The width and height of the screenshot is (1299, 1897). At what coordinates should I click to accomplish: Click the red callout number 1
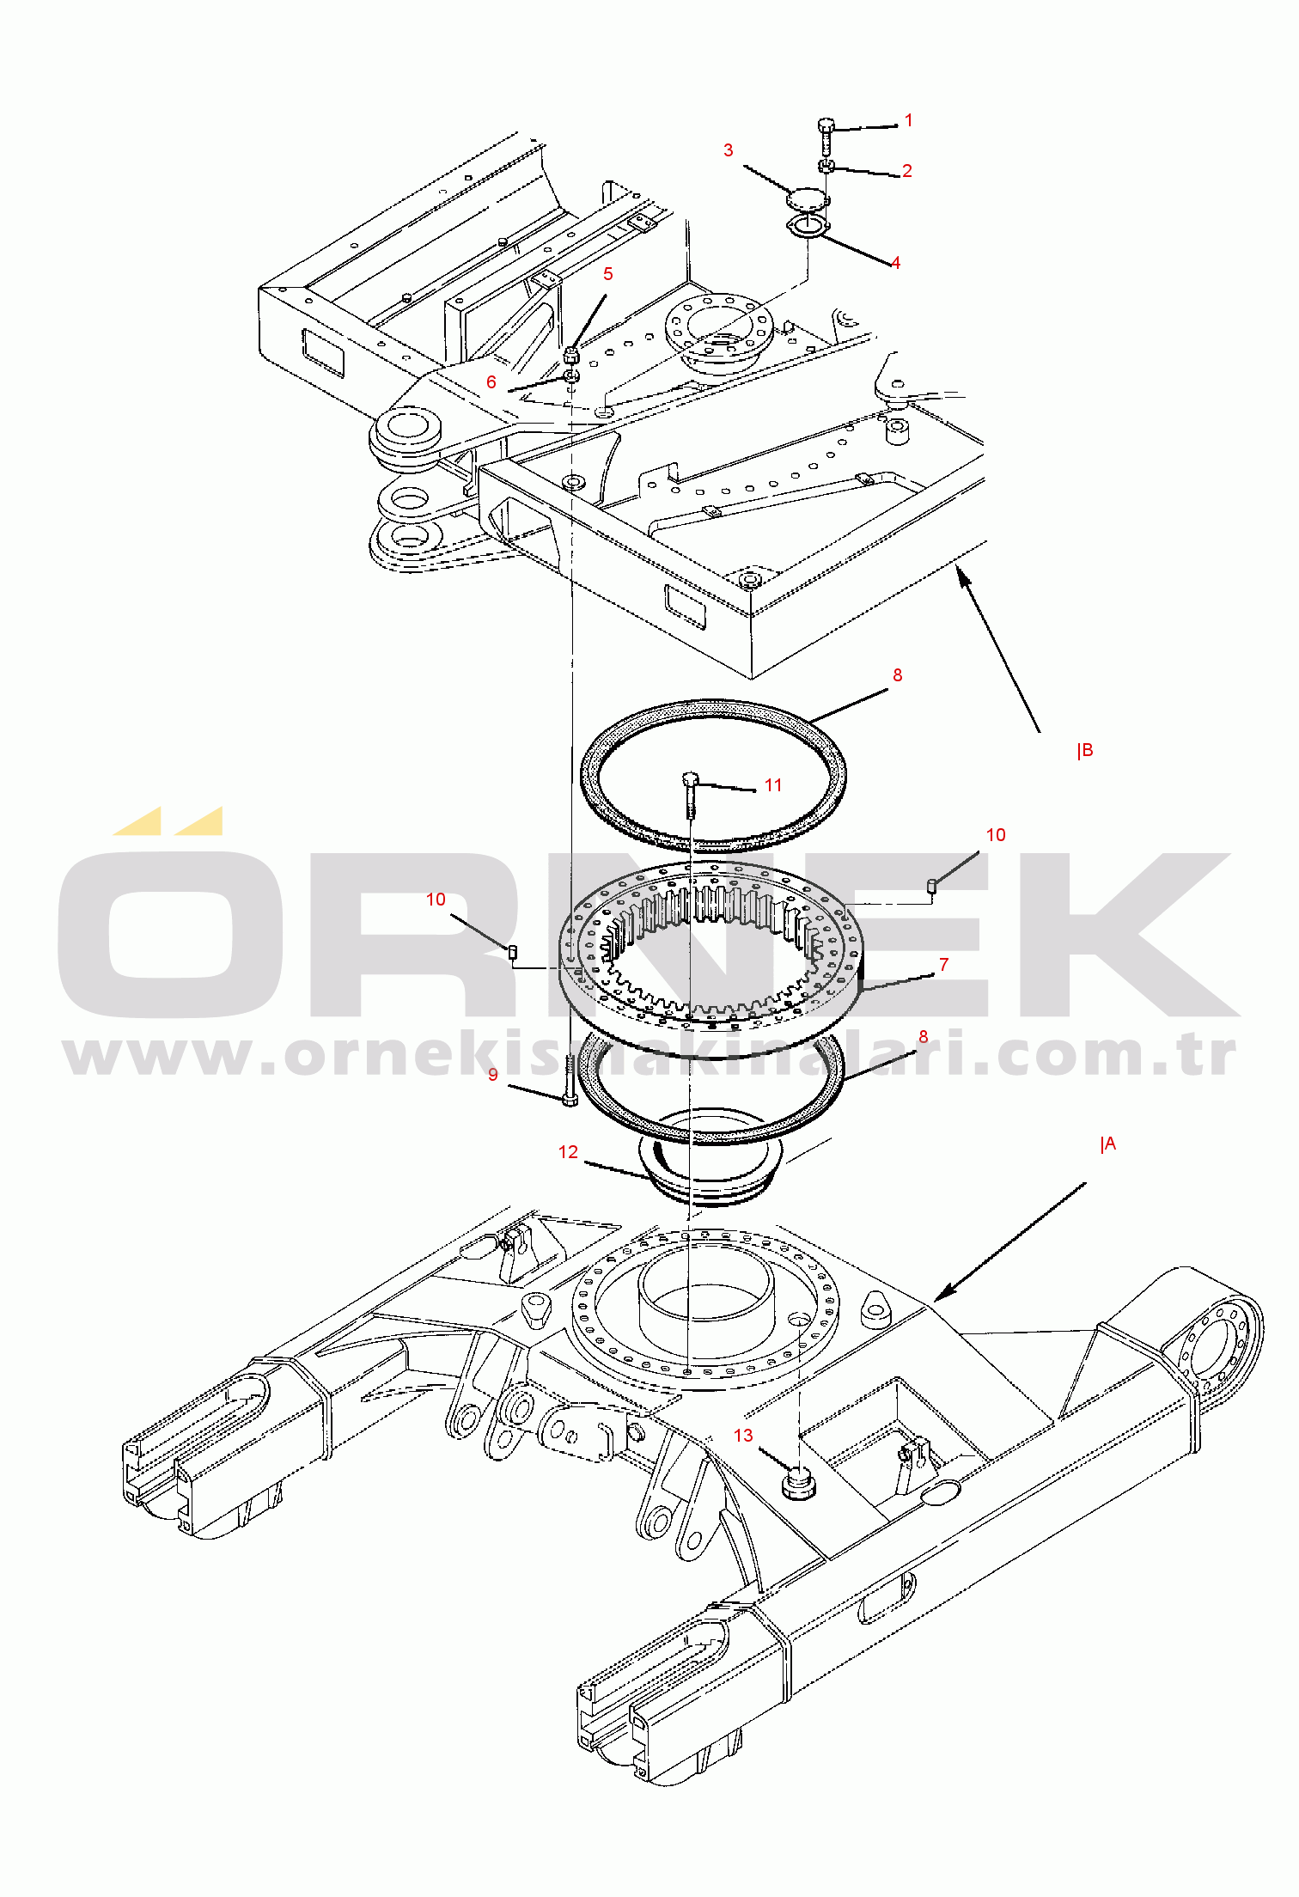[908, 121]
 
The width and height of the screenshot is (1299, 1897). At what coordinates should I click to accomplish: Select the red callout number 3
[729, 150]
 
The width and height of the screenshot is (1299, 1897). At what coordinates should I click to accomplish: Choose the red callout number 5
[608, 274]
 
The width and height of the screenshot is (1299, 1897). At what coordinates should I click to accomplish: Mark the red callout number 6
[491, 382]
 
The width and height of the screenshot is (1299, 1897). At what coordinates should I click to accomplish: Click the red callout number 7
[944, 965]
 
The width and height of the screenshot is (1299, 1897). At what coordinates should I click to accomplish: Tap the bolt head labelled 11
[690, 780]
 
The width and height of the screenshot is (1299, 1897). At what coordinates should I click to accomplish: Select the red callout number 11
[773, 785]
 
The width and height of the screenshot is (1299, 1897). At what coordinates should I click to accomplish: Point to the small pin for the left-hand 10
[513, 951]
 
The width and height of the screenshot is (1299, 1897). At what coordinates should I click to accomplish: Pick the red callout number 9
[493, 1075]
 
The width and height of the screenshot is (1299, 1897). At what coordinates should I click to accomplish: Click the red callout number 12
[568, 1152]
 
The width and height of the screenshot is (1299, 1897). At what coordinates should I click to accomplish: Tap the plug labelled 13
[798, 1483]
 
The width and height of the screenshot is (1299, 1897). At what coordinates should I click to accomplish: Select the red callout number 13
[743, 1436]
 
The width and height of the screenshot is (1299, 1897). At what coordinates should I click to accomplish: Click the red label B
[1086, 750]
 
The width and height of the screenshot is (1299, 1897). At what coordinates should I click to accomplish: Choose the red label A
[1109, 1144]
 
